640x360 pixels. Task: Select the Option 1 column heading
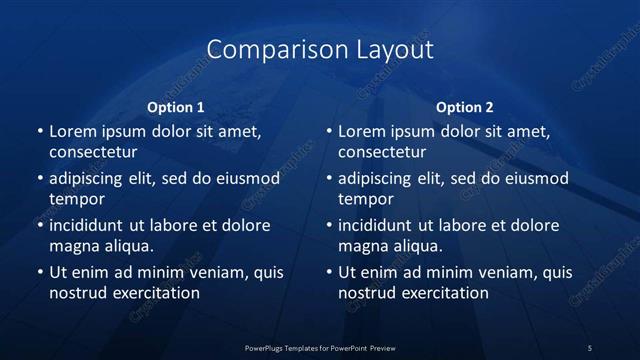coord(176,107)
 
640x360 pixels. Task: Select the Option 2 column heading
coord(465,107)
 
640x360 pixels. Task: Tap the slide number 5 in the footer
coord(590,348)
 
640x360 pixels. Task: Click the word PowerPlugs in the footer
coord(267,348)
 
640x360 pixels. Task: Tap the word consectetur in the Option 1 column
coord(93,152)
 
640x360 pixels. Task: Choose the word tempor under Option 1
coord(77,199)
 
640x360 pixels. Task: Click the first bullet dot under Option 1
coord(40,132)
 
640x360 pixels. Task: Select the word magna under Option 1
coord(73,246)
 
